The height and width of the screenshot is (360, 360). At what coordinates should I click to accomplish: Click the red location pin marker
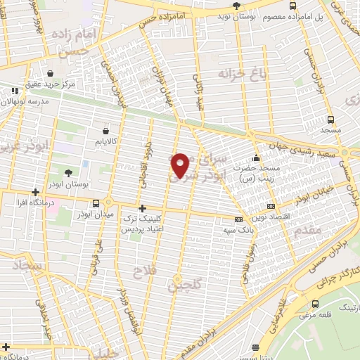[x=181, y=165]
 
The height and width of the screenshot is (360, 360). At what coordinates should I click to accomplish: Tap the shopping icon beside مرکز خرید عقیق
[x=50, y=73]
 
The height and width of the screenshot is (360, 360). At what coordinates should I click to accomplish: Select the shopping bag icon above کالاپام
[x=105, y=130]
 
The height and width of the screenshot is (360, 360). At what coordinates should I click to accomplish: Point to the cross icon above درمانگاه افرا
[x=35, y=191]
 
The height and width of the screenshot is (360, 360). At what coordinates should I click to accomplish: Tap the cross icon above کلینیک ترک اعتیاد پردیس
[x=143, y=208]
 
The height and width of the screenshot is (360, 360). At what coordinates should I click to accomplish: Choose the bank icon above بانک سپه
[x=239, y=219]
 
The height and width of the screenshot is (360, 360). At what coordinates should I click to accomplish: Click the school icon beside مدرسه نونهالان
[x=15, y=91]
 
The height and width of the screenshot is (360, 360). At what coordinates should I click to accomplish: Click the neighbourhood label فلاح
[x=148, y=270]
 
